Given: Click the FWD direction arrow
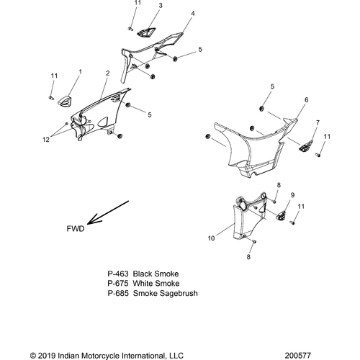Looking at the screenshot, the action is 108,212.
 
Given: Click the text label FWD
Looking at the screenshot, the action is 76,229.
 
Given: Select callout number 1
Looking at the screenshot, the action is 80,72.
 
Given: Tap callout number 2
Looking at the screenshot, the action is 107,73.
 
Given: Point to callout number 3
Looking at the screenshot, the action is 161,5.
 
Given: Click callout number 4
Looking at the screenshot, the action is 193,14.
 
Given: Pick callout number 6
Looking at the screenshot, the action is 306,99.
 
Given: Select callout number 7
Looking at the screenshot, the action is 318,122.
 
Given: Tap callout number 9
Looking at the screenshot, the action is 292,195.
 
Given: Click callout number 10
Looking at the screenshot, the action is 211,238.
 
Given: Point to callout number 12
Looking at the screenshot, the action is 46,140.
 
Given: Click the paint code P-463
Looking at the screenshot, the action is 118,274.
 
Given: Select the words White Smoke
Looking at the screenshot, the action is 156,284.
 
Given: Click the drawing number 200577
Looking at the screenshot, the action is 298,356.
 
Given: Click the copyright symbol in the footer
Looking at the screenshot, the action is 33,356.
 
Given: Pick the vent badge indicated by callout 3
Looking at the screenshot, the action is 146,32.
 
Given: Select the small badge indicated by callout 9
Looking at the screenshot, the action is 282,215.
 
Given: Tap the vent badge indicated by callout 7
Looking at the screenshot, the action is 306,145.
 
